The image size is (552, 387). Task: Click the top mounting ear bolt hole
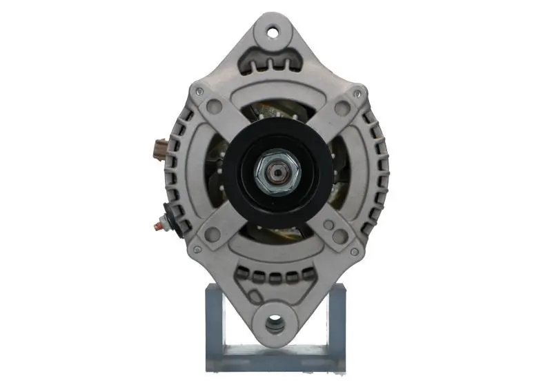274,31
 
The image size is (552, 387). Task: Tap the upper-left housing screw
199,90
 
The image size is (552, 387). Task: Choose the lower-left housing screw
197,249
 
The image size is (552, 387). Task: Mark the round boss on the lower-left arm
213,235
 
